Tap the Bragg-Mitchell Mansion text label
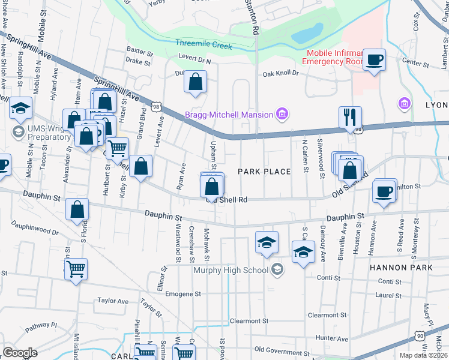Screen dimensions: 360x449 click(x=229, y=114)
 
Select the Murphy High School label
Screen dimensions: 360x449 click(x=231, y=269)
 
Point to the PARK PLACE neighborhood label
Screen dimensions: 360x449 click(x=264, y=172)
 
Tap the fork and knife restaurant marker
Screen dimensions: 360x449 click(x=350, y=117)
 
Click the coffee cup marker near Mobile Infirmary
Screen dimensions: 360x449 click(x=375, y=60)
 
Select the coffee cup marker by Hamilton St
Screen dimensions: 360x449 click(x=384, y=191)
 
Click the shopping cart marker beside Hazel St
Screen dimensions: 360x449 click(x=117, y=147)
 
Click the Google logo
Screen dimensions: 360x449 click(x=20, y=352)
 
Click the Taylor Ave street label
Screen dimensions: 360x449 click(x=113, y=301)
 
